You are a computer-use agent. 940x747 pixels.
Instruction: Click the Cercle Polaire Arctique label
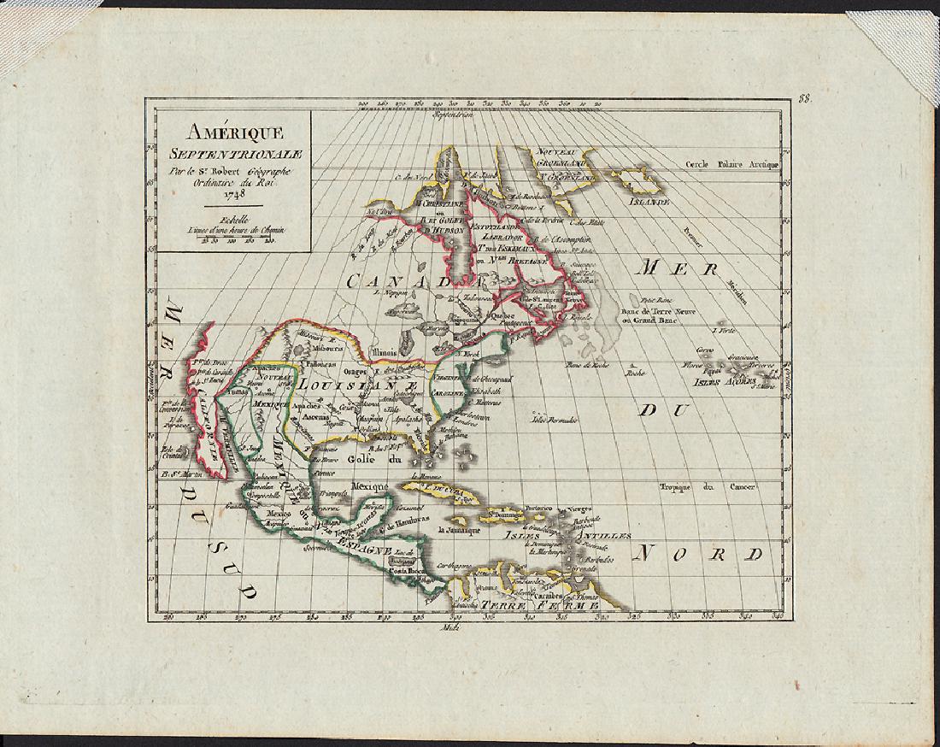pos(732,162)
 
